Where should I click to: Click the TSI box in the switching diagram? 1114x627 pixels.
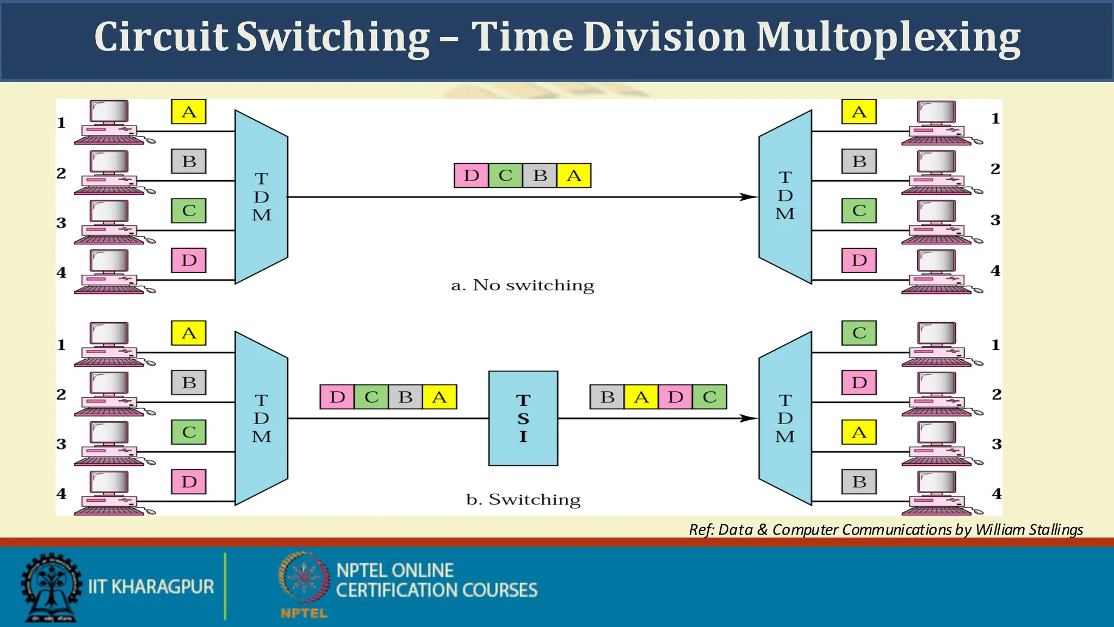pyautogui.click(x=523, y=418)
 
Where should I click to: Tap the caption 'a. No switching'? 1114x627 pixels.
pyautogui.click(x=522, y=285)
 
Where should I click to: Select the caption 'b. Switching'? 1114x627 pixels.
pyautogui.click(x=523, y=500)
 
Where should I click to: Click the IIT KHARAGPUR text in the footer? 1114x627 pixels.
pyautogui.click(x=151, y=587)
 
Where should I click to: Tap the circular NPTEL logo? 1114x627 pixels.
pyautogui.click(x=304, y=578)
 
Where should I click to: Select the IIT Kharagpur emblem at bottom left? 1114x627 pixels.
pyautogui.click(x=51, y=588)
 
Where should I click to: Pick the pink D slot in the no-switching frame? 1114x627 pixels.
pyautogui.click(x=471, y=176)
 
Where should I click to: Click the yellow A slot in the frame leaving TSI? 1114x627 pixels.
pyautogui.click(x=641, y=397)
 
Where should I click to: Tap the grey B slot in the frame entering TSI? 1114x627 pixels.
pyautogui.click(x=405, y=397)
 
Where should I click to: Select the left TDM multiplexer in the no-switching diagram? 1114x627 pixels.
pyautogui.click(x=261, y=197)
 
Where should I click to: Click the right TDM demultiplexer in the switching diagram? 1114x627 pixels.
pyautogui.click(x=785, y=418)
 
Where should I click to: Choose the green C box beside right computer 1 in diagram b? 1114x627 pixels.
pyautogui.click(x=859, y=333)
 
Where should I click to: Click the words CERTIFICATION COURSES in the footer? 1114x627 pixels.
pyautogui.click(x=436, y=591)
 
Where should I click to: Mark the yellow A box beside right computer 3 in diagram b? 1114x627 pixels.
pyautogui.click(x=859, y=433)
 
